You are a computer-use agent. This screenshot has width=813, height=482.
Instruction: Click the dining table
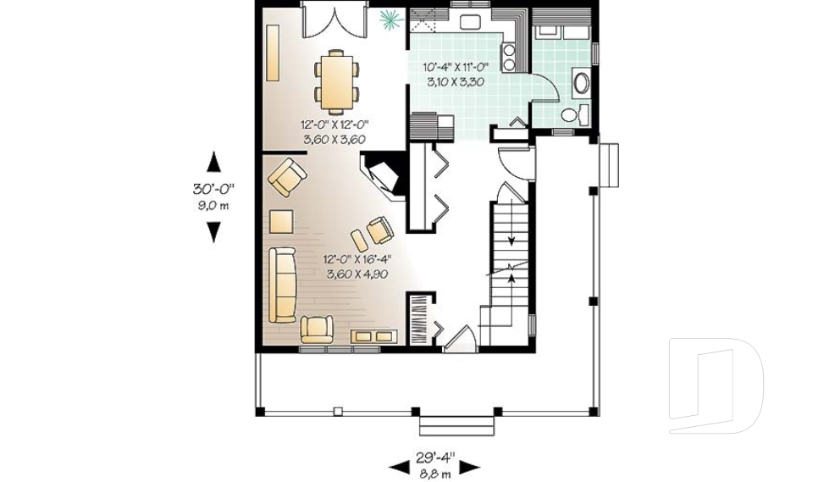click(336, 81)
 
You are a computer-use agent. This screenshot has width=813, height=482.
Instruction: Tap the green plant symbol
click(390, 17)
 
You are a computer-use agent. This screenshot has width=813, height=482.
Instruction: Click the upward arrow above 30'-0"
click(213, 162)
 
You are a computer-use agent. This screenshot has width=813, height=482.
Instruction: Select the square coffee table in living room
click(281, 222)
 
